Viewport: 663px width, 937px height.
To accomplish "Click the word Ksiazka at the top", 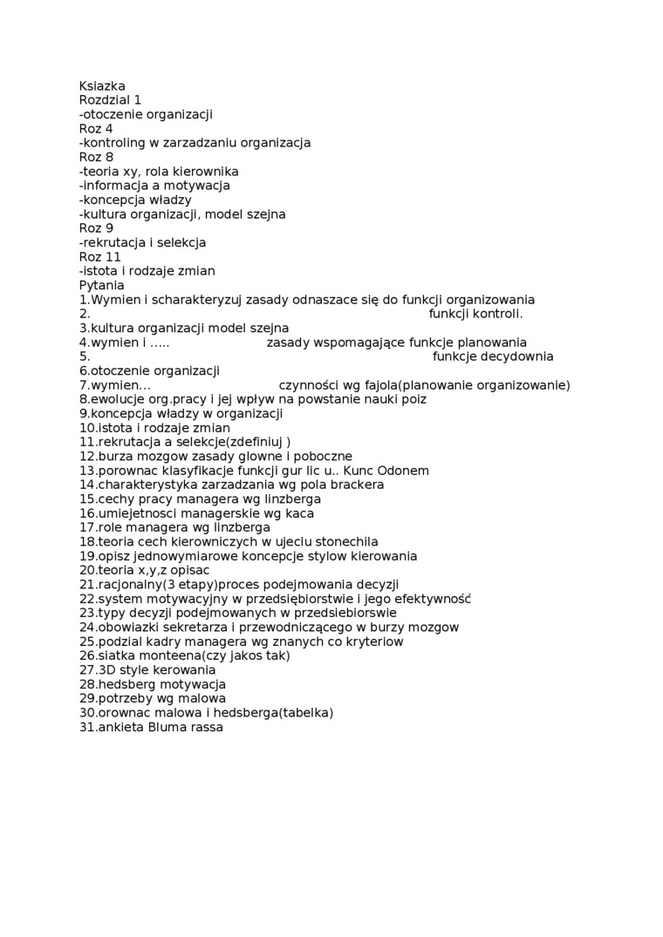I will [x=102, y=86].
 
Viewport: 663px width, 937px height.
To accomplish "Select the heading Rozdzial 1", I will [x=110, y=100].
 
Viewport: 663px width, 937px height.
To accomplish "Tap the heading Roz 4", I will [x=96, y=129].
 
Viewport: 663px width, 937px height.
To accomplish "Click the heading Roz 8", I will [x=96, y=157].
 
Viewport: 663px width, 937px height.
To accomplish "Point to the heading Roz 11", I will [x=99, y=257].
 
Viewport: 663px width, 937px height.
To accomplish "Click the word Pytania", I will [x=101, y=285].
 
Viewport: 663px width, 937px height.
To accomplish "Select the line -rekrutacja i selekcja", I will [x=142, y=242].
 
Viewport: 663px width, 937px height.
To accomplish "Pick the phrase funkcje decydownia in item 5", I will [x=493, y=356].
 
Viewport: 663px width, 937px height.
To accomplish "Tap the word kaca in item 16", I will [x=298, y=513].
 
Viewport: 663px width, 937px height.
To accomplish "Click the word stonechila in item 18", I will [x=346, y=541].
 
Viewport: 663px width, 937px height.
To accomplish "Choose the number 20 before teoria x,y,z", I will [x=86, y=570].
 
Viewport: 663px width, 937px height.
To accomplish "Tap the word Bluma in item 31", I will [x=167, y=727].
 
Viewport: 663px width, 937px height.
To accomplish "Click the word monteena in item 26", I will [x=150, y=655].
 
